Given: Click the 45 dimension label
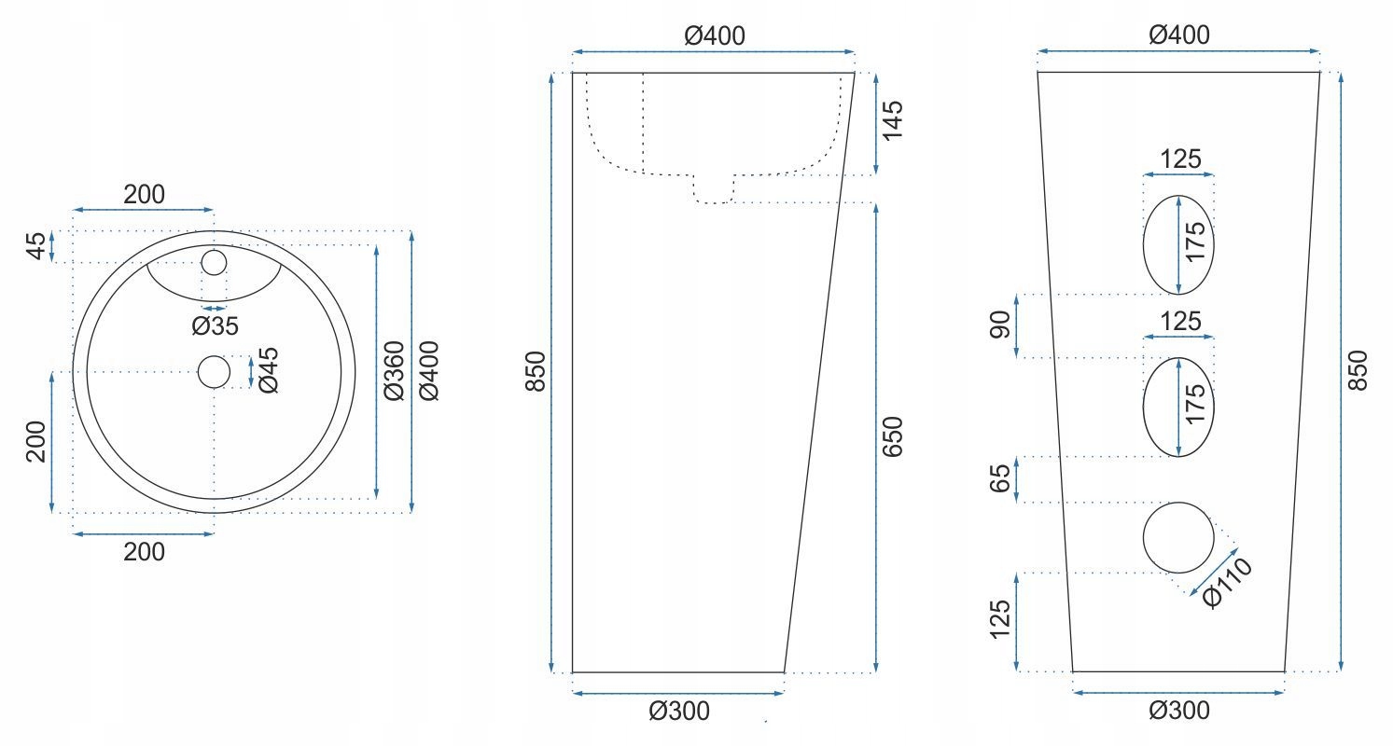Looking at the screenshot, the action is tap(35, 246).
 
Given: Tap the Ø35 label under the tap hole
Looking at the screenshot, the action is tap(216, 325).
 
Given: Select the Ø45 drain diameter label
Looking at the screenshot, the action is tap(268, 371).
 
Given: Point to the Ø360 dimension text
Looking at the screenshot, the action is tap(394, 371).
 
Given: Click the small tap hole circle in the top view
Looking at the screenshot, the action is tap(214, 262).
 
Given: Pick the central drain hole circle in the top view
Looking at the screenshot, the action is tap(214, 372).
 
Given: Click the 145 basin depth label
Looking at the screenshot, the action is tap(893, 121).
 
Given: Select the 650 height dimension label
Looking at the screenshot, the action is tap(893, 436).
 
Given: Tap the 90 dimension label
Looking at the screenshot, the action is tap(999, 325).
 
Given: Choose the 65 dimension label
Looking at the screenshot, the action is tap(999, 479).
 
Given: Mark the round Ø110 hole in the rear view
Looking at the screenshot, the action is tap(1179, 537).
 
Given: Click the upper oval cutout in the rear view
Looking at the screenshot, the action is tap(1179, 244).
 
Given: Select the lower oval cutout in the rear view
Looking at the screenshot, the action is tap(1179, 407).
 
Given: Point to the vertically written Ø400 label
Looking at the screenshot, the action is tap(429, 371).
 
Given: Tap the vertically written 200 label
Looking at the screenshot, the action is tap(35, 442).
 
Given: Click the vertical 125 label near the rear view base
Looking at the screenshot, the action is tap(999, 621).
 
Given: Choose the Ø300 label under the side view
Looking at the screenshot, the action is tap(679, 711).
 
